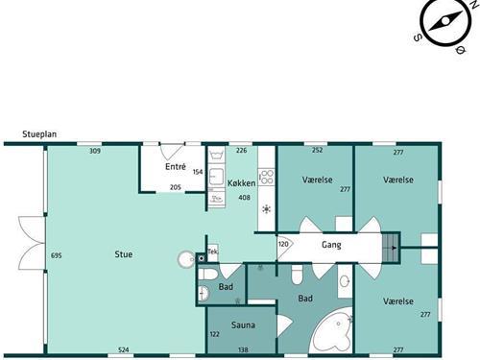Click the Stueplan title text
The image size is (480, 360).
(39, 134)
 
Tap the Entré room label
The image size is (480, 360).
(176, 166)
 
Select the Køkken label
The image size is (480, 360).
(241, 183)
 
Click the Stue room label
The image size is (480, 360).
(124, 254)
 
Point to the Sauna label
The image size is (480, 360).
(243, 325)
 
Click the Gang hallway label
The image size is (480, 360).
(331, 245)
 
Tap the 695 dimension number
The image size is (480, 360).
(57, 255)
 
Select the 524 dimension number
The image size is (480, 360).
(124, 349)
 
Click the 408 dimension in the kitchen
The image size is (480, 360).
(244, 198)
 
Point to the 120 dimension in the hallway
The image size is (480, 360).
(283, 244)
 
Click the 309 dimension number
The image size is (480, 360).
(95, 151)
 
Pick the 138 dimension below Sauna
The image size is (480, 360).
(243, 349)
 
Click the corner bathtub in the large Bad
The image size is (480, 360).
(333, 331)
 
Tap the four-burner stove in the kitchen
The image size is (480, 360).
(266, 177)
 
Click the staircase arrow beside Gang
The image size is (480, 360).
(394, 248)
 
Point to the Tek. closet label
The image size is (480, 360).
(213, 252)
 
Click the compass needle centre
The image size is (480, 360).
(445, 22)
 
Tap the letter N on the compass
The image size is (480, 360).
(472, 4)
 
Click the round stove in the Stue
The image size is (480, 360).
(186, 259)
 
